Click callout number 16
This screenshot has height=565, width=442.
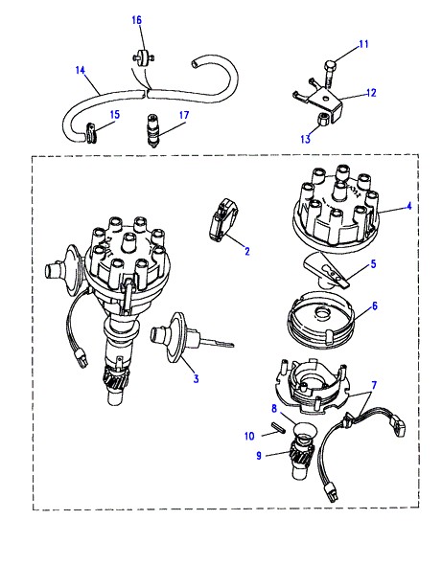pyautogui.click(x=137, y=20)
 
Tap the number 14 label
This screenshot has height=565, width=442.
pyautogui.click(x=81, y=70)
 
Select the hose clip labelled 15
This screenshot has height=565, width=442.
pyautogui.click(x=90, y=133)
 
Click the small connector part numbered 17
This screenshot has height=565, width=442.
pyautogui.click(x=153, y=129)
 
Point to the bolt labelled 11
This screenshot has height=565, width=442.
pyautogui.click(x=328, y=75)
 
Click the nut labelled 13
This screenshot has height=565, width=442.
pyautogui.click(x=323, y=119)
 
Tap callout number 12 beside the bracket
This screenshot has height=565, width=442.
pyautogui.click(x=371, y=93)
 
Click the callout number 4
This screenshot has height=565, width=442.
pyautogui.click(x=408, y=207)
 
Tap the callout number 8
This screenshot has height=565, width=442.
pyautogui.click(x=274, y=409)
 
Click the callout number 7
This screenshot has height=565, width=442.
pyautogui.click(x=374, y=386)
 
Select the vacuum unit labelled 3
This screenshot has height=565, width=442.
pyautogui.click(x=175, y=336)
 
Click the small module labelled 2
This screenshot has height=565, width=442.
pyautogui.click(x=223, y=219)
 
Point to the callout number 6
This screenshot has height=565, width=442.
pyautogui.click(x=375, y=305)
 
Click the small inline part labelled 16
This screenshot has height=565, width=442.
pyautogui.click(x=143, y=58)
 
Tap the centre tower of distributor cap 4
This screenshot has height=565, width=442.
pyautogui.click(x=339, y=191)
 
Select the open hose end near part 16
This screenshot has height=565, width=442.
pyautogui.click(x=196, y=64)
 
